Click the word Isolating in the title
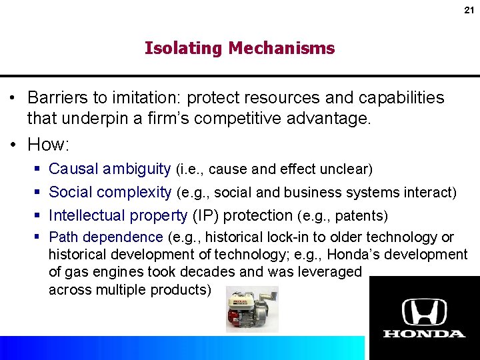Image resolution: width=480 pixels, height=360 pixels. click(183, 49)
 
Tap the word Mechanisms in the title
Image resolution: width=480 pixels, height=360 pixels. click(281, 49)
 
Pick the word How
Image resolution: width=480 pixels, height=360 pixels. click(47, 145)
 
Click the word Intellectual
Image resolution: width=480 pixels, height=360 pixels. click(87, 215)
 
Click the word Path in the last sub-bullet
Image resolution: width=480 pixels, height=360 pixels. click(63, 237)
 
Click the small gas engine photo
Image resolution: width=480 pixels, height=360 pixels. click(251, 309)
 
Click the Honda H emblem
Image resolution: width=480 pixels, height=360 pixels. click(424, 311)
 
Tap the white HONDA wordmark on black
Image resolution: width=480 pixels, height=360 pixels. click(424, 333)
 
